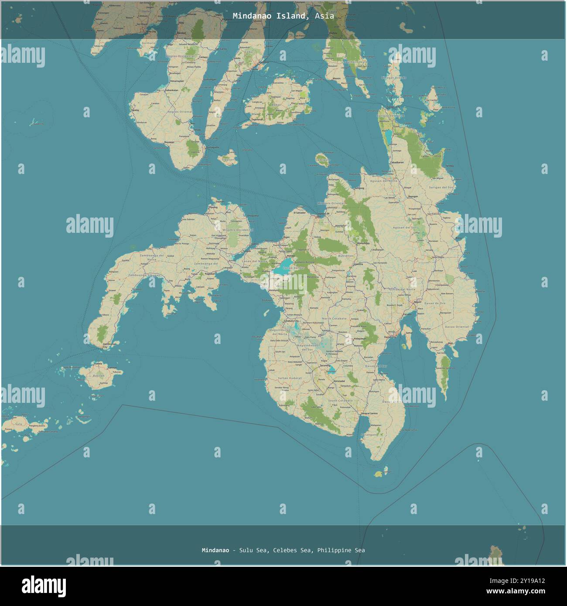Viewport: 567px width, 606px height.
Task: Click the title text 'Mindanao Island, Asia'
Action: pos(283,16)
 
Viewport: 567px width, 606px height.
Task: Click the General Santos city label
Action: pos(369,413)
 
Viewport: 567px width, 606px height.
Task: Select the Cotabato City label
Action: pos(291,320)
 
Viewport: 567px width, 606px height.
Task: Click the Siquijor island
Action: pos(228,157)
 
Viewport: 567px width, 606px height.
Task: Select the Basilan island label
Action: pos(99,375)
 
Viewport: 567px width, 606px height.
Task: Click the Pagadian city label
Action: pos(211,274)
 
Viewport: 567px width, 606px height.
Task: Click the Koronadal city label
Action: pos(339,381)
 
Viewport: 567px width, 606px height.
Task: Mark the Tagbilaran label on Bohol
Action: pos(256,119)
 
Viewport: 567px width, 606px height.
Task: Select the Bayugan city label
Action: pos(412,197)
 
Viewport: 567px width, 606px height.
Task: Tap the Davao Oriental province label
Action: pos(457,327)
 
